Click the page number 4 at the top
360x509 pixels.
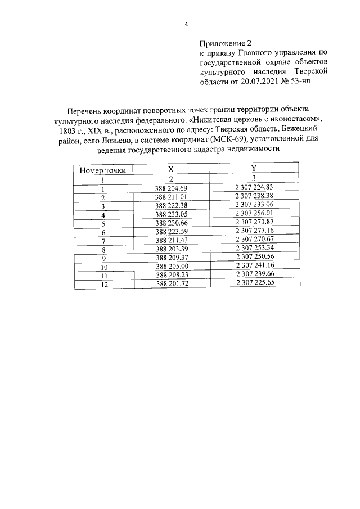pos(186,24)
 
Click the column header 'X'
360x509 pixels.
pos(171,169)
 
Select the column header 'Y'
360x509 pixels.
pos(254,168)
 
